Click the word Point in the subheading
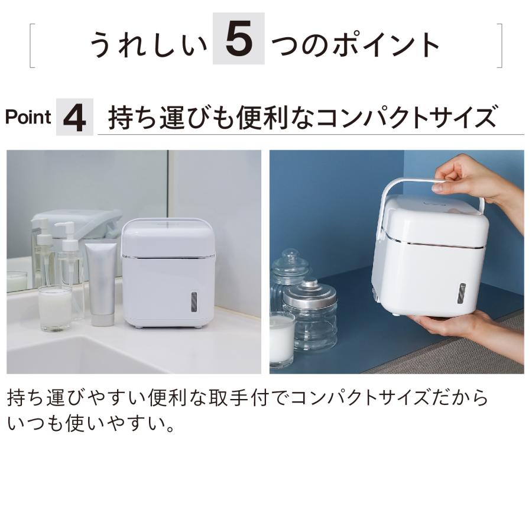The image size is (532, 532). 28,117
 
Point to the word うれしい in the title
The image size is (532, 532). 148,45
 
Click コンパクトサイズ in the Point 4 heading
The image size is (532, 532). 406,117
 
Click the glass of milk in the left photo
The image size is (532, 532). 55,309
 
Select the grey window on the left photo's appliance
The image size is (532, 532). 194,302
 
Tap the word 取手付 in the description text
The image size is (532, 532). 235,398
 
